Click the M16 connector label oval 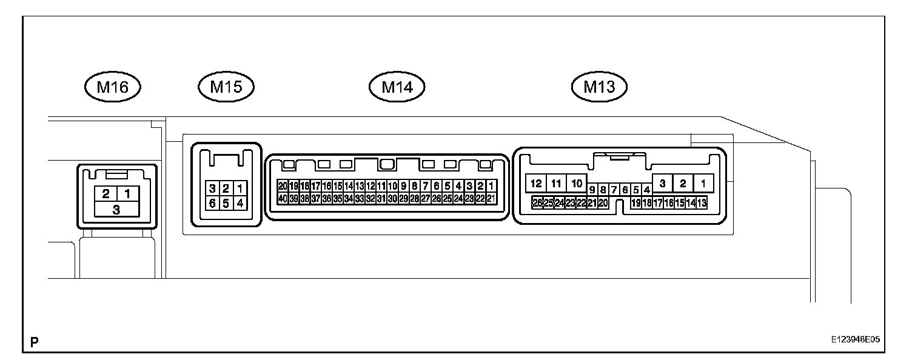[113, 87]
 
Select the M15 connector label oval [226, 87]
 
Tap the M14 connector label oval [397, 87]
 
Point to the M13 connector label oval [599, 87]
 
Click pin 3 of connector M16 [116, 210]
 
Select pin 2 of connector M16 [106, 194]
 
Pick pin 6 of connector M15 [212, 203]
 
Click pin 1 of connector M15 [240, 188]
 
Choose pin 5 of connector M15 [226, 203]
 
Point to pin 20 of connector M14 [283, 186]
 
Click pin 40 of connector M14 [283, 198]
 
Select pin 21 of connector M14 [491, 198]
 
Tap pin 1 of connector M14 [492, 186]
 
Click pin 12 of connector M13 [535, 183]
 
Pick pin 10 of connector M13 [577, 183]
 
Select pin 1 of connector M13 [703, 183]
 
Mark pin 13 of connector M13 [702, 203]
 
